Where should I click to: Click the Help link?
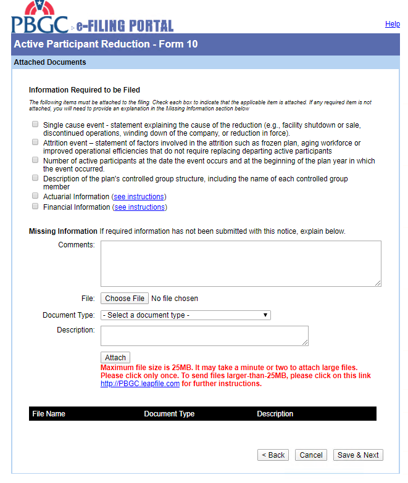[392, 24]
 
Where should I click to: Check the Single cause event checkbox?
[35, 125]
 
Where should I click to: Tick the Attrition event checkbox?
[35, 142]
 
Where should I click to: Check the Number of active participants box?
[35, 160]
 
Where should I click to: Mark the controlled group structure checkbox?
[35, 178]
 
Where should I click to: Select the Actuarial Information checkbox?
[35, 196]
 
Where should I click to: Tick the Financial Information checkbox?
[35, 207]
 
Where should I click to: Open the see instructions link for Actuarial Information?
[139, 197]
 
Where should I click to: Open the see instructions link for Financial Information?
[139, 207]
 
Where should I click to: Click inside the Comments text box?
[241, 263]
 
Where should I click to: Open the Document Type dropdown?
[185, 315]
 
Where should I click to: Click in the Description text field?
[204, 336]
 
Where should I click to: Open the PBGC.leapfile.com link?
[140, 384]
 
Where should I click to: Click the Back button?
[273, 455]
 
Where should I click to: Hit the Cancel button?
[310, 455]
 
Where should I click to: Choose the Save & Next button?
[358, 455]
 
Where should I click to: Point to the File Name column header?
[49, 414]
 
